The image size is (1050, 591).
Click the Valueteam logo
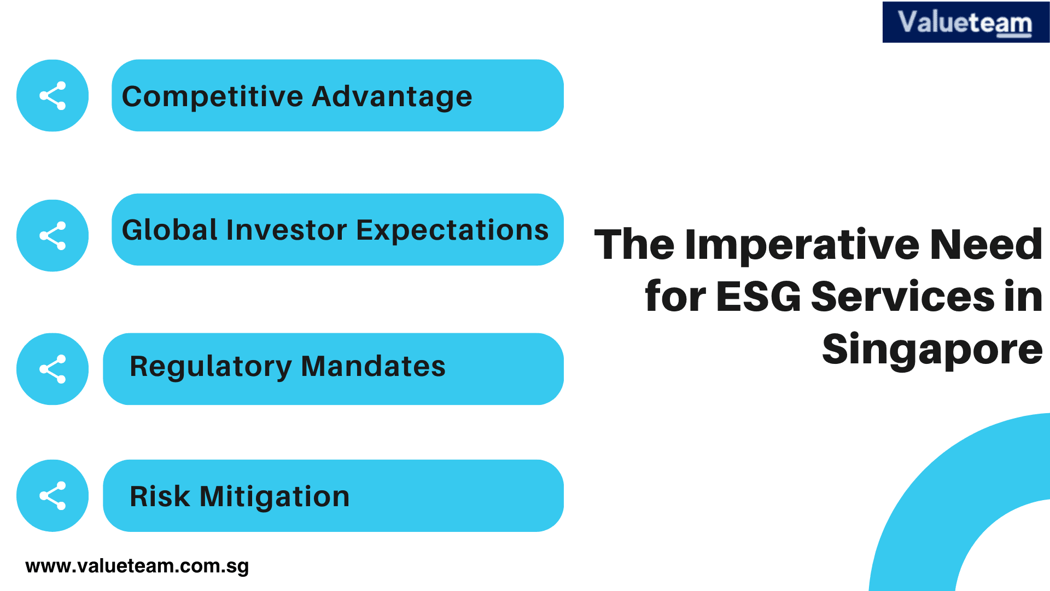(965, 22)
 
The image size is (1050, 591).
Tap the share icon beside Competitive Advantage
(52, 96)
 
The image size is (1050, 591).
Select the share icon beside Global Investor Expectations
(52, 236)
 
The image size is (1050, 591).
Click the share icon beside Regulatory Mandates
(52, 369)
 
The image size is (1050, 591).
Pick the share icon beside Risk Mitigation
(52, 496)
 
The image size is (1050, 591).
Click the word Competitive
(212, 97)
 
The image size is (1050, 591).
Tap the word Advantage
(392, 97)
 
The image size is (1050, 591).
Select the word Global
(170, 230)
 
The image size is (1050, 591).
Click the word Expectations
(452, 230)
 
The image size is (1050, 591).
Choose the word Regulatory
(211, 367)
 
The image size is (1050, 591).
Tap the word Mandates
(373, 367)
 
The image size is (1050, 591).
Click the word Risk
(160, 497)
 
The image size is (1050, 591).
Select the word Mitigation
(275, 497)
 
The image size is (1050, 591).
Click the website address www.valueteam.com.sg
(137, 566)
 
